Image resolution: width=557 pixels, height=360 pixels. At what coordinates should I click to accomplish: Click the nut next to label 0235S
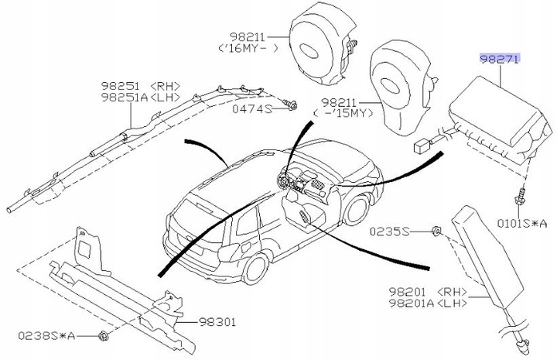436,231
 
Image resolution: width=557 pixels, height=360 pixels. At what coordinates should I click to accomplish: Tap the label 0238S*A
46,336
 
